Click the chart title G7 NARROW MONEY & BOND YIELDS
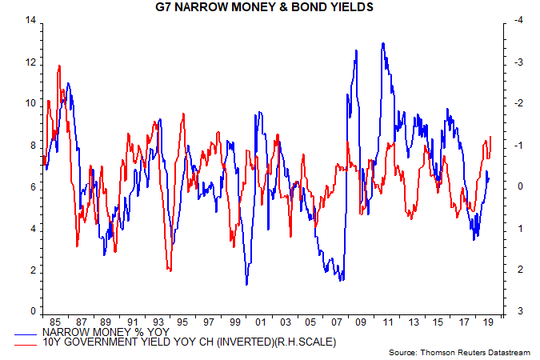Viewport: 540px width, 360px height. tap(270, 8)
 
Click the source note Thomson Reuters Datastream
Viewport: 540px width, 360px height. tap(464, 352)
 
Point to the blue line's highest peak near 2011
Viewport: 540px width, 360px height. tap(384, 43)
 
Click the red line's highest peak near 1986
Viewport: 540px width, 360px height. tap(59, 66)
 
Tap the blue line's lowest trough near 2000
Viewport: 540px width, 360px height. tap(246, 284)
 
